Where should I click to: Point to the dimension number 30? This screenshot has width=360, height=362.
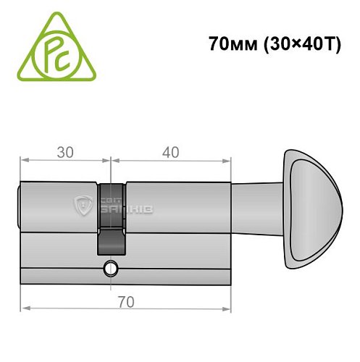65,153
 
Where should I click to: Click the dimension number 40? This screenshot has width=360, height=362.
171,153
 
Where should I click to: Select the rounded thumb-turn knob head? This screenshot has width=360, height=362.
311,206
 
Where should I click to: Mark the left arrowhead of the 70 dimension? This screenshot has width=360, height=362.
24,307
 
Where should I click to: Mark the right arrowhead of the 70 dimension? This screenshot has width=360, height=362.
230,307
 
